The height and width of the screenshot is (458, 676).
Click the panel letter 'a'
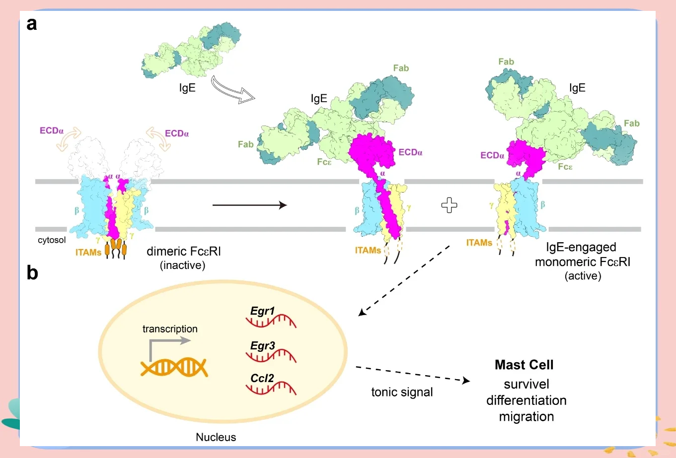point(32,24)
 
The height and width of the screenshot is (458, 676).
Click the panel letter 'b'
point(32,272)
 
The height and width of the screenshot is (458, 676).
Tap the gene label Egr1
point(262,311)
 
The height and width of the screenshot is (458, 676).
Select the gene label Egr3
point(262,345)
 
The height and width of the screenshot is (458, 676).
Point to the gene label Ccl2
point(262,378)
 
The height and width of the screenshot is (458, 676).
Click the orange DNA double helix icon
point(174,367)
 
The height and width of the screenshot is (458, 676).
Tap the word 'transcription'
point(170,329)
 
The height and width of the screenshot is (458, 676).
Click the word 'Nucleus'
point(216,437)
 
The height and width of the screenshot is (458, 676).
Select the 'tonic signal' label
point(402,392)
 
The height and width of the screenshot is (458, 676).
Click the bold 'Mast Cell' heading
point(524,365)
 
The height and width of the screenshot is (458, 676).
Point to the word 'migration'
point(526,417)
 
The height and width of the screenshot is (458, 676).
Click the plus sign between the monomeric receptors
point(450,205)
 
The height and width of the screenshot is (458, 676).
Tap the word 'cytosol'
point(52,240)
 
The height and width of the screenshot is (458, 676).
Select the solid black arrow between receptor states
point(249,205)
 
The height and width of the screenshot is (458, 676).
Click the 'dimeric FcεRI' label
point(184,252)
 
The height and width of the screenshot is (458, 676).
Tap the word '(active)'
point(583,276)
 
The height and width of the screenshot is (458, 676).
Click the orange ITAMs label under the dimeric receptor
point(88,253)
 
